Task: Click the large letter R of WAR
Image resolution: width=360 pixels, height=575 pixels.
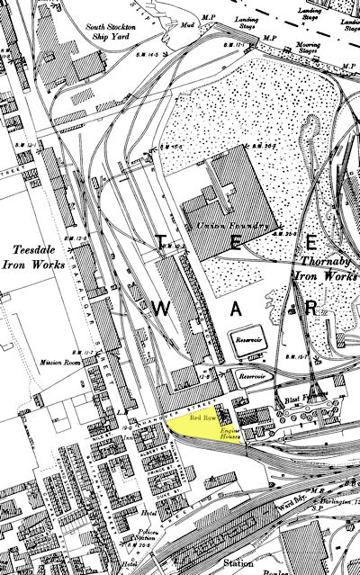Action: point(311,307)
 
